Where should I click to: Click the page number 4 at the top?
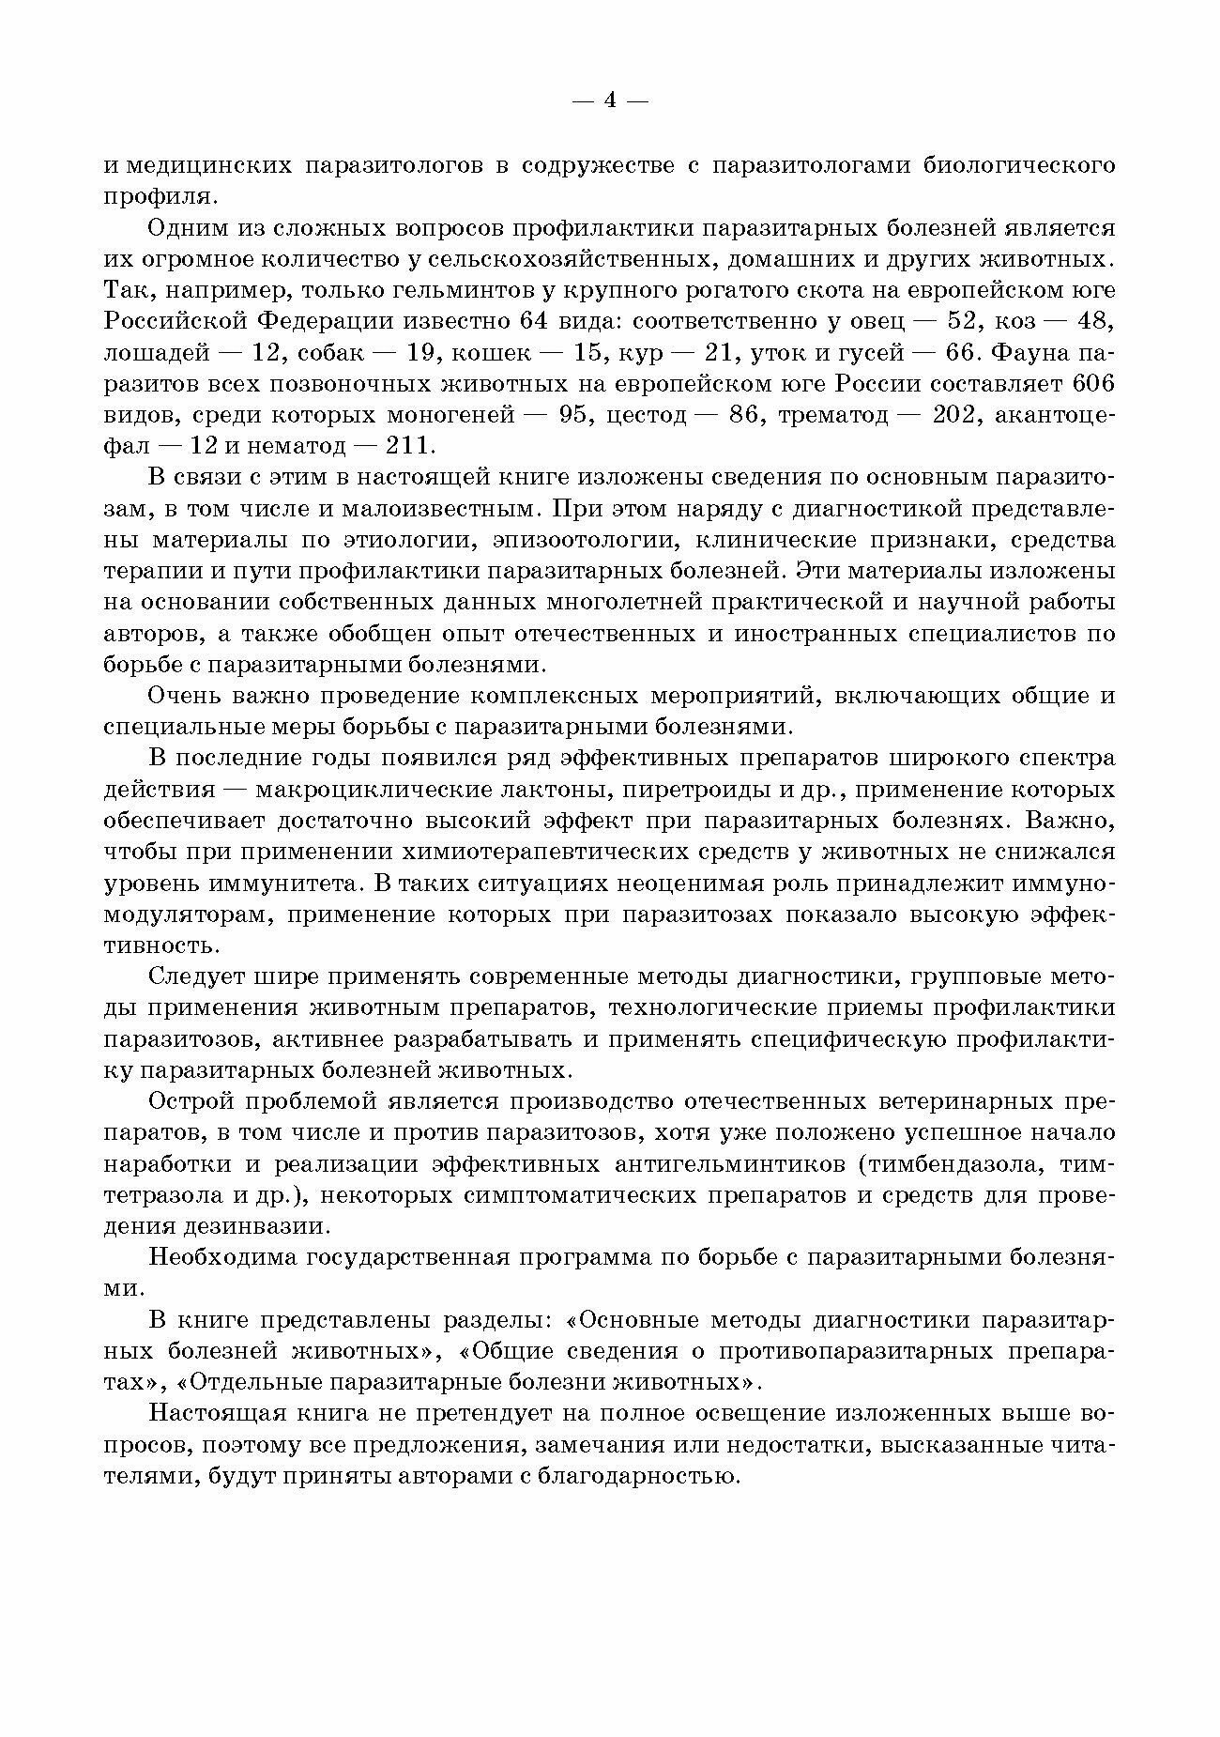610,100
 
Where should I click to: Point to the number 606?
1092,384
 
